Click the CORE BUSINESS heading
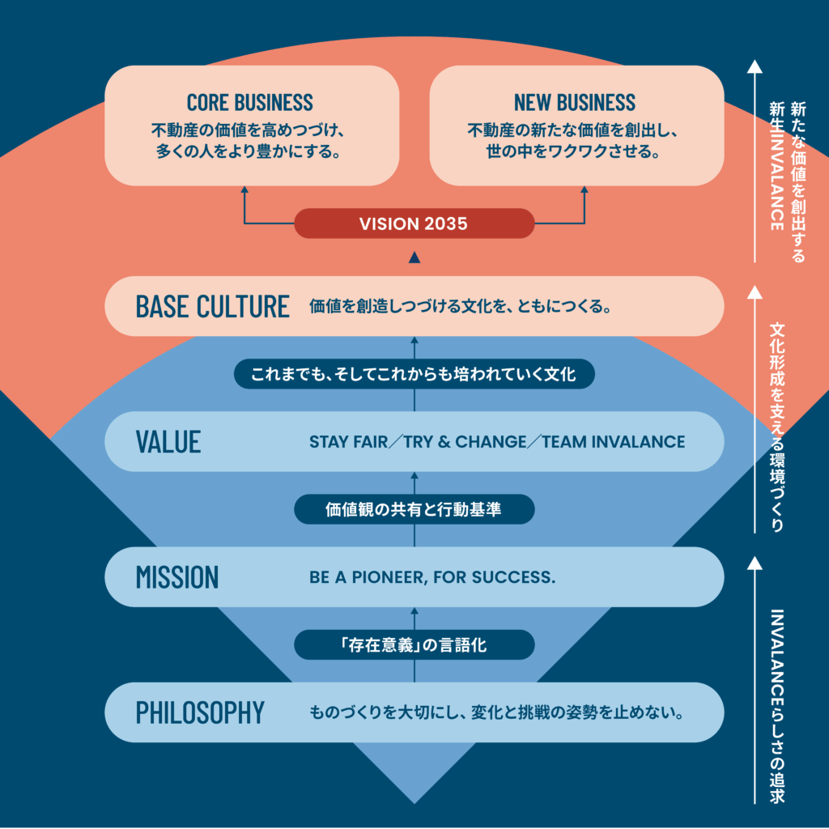click(249, 103)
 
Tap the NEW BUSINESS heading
click(575, 103)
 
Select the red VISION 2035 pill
click(414, 223)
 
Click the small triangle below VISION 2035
click(414, 257)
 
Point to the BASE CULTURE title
click(212, 307)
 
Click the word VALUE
click(168, 442)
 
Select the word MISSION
click(177, 577)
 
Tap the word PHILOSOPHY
click(200, 712)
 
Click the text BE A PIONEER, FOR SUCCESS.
click(432, 578)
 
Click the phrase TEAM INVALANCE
click(614, 442)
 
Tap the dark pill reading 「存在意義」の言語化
click(414, 645)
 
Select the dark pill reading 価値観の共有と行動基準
click(414, 509)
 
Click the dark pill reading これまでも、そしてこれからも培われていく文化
click(414, 374)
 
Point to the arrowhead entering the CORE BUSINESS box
click(244, 192)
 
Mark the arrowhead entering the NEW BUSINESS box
click(584, 192)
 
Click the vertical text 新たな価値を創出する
click(798, 182)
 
